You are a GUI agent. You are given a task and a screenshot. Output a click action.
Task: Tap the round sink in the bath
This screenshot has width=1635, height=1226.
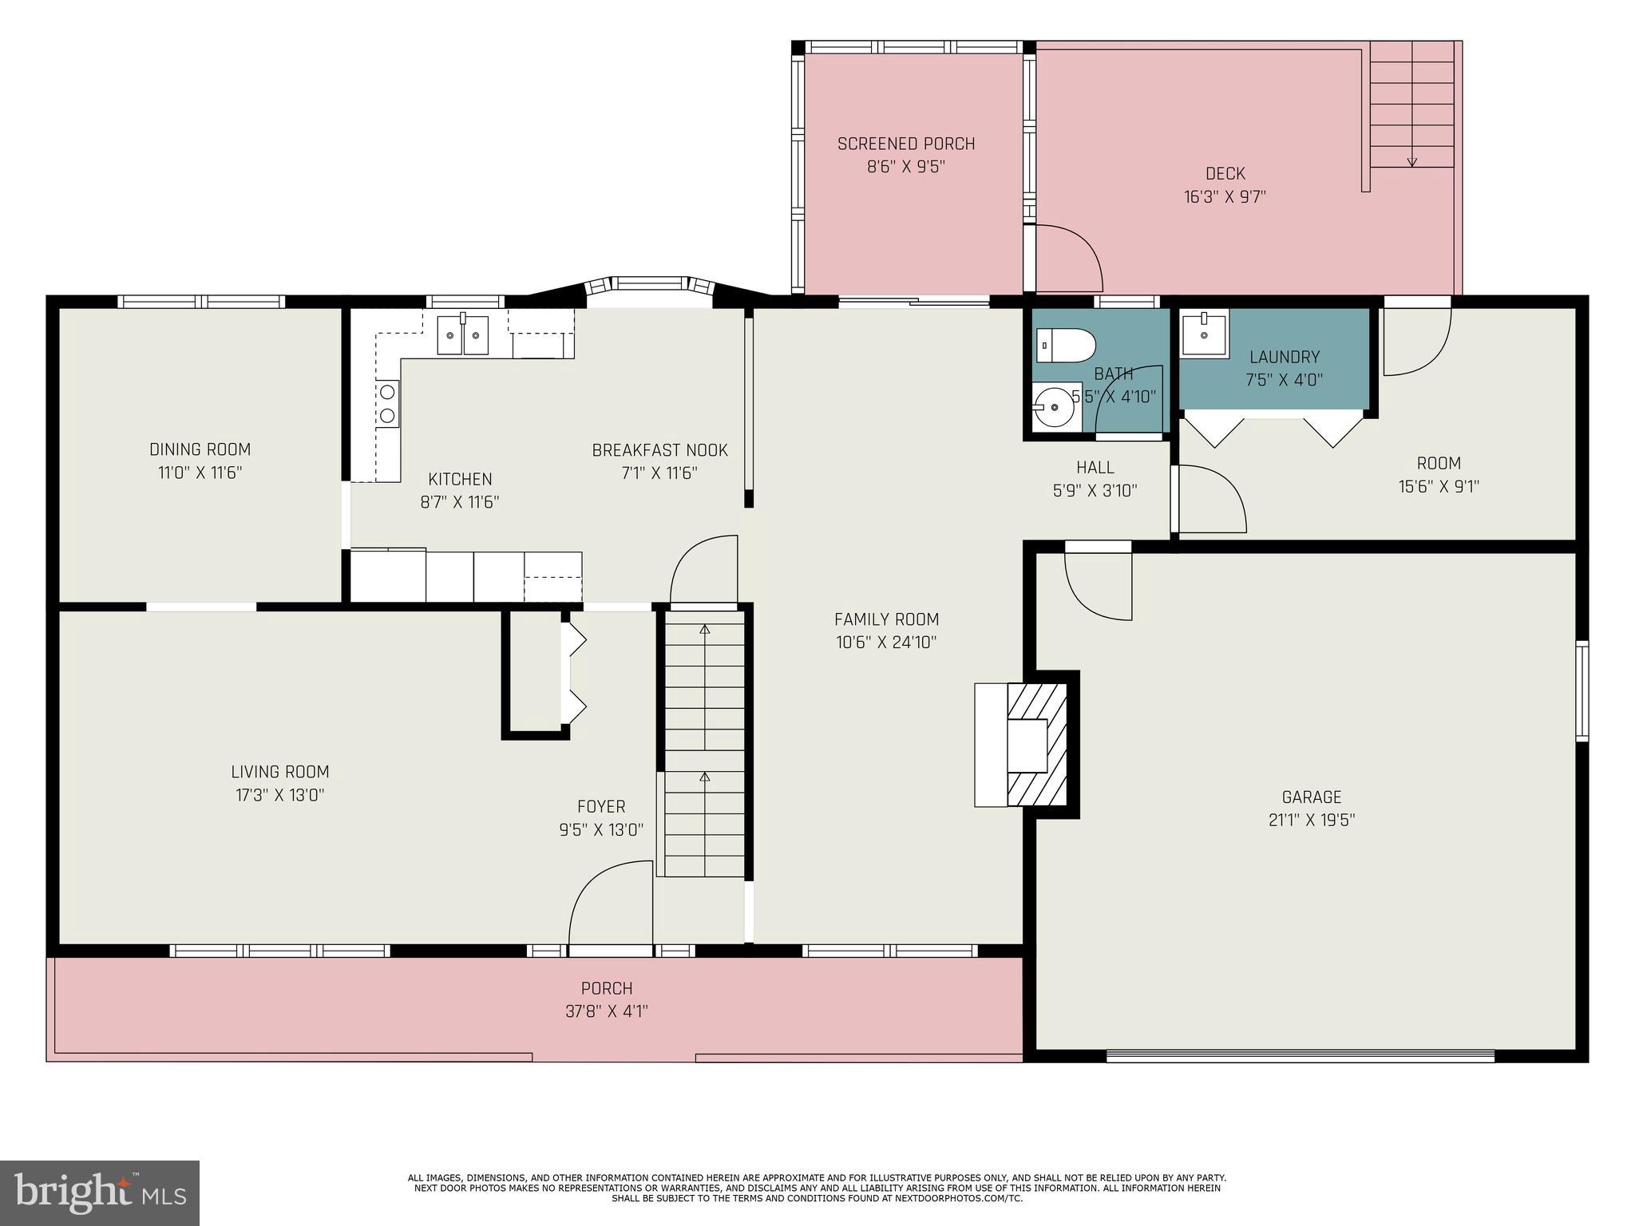[1054, 407]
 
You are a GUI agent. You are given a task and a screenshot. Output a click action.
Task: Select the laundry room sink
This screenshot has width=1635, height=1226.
[1204, 334]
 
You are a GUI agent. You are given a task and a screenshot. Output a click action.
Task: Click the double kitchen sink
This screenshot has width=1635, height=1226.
[463, 334]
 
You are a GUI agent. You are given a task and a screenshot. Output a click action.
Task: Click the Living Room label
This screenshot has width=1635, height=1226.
[280, 772]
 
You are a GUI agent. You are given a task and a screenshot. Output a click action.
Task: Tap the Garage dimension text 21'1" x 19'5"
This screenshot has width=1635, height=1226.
[1312, 820]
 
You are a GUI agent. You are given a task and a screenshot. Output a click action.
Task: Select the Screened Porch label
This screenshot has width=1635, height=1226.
[906, 144]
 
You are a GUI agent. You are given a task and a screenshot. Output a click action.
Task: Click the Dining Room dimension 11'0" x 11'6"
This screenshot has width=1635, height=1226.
[200, 473]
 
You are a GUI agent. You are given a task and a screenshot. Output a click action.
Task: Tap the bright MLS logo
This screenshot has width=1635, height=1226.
[100, 1192]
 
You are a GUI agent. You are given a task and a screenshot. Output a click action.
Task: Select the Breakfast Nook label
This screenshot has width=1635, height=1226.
[659, 450]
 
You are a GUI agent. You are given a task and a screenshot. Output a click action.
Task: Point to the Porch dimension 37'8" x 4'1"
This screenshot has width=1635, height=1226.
[607, 1011]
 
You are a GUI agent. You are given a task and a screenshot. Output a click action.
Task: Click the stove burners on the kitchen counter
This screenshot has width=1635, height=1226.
[388, 403]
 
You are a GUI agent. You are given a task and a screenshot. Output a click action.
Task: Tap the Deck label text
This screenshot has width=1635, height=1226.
[1225, 173]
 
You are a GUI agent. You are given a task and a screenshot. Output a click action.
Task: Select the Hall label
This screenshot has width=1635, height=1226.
[1095, 468]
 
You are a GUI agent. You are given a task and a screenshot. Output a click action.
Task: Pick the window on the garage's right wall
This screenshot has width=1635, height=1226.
[1581, 691]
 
